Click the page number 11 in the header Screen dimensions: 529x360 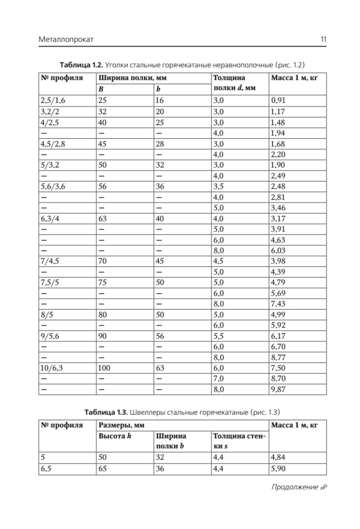click(x=323, y=40)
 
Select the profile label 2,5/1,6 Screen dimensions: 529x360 click(x=52, y=100)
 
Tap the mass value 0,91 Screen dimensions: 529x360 click(x=278, y=100)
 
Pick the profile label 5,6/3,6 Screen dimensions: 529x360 click(x=52, y=186)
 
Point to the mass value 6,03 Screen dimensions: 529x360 click(x=278, y=251)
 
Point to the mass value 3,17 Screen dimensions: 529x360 click(x=278, y=219)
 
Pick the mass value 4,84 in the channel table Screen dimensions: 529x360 click(x=278, y=457)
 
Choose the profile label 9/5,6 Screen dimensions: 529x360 click(x=49, y=335)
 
